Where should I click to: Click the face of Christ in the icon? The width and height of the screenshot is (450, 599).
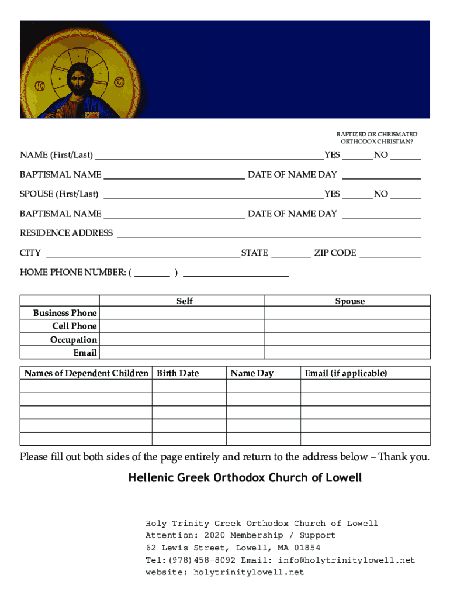point(77,77)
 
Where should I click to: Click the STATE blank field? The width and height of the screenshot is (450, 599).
point(291,253)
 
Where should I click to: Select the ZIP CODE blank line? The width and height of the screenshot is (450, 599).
point(390,253)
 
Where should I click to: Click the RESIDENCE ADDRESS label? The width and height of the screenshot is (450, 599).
point(66,233)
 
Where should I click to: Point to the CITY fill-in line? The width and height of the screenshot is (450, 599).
point(142,253)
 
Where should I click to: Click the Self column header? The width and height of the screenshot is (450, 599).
point(184,301)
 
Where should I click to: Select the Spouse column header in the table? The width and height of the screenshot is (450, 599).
point(349,301)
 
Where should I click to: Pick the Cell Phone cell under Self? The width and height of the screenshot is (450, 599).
point(182,326)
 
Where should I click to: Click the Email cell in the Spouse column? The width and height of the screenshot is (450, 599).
point(347,353)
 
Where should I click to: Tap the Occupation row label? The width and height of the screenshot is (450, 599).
point(74,339)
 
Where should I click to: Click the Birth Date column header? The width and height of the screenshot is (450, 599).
point(178,373)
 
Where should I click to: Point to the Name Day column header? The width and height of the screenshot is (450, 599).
point(252,373)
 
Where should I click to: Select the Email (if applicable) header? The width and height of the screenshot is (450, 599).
point(345,373)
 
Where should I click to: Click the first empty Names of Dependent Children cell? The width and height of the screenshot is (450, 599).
point(86,386)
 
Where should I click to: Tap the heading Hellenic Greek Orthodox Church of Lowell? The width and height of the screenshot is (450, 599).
point(245,478)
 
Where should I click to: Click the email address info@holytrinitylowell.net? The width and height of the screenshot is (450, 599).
point(347,560)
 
